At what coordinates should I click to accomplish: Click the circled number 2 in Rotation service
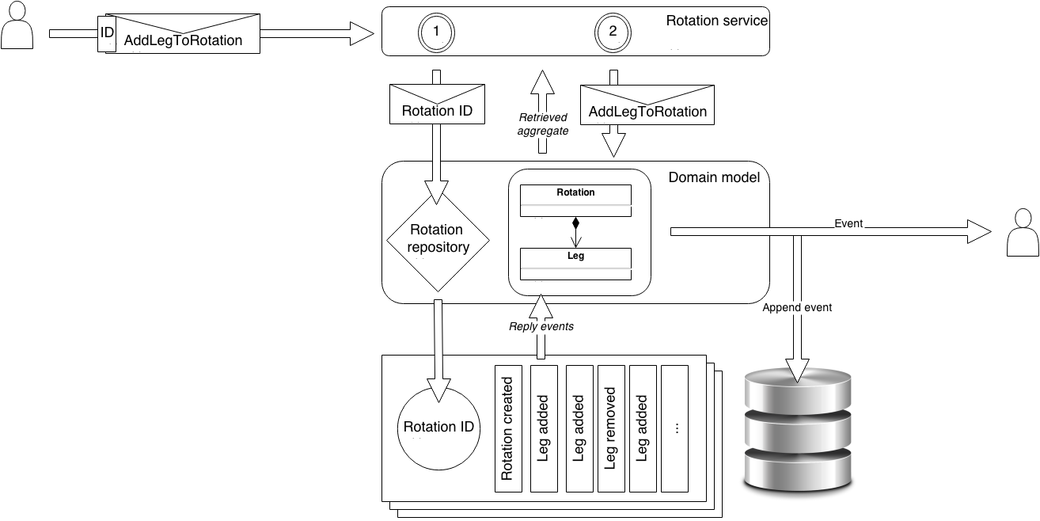pyautogui.click(x=612, y=32)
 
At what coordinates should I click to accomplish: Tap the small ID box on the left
pyautogui.click(x=107, y=33)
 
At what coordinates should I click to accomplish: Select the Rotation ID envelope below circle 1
pyautogui.click(x=437, y=104)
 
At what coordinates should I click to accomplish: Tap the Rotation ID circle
pyautogui.click(x=438, y=428)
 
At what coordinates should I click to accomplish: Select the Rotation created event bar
pyautogui.click(x=508, y=428)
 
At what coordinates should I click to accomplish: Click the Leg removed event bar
pyautogui.click(x=611, y=428)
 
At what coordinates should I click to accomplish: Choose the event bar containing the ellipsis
pyautogui.click(x=674, y=428)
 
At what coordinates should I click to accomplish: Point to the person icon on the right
pyautogui.click(x=1022, y=232)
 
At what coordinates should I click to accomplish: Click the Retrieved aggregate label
pyautogui.click(x=543, y=124)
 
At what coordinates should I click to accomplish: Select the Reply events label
pyautogui.click(x=541, y=326)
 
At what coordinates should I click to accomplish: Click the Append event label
pyautogui.click(x=797, y=307)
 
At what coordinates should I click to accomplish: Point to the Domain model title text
pyautogui.click(x=714, y=177)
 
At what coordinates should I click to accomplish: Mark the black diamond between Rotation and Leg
pyautogui.click(x=575, y=222)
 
